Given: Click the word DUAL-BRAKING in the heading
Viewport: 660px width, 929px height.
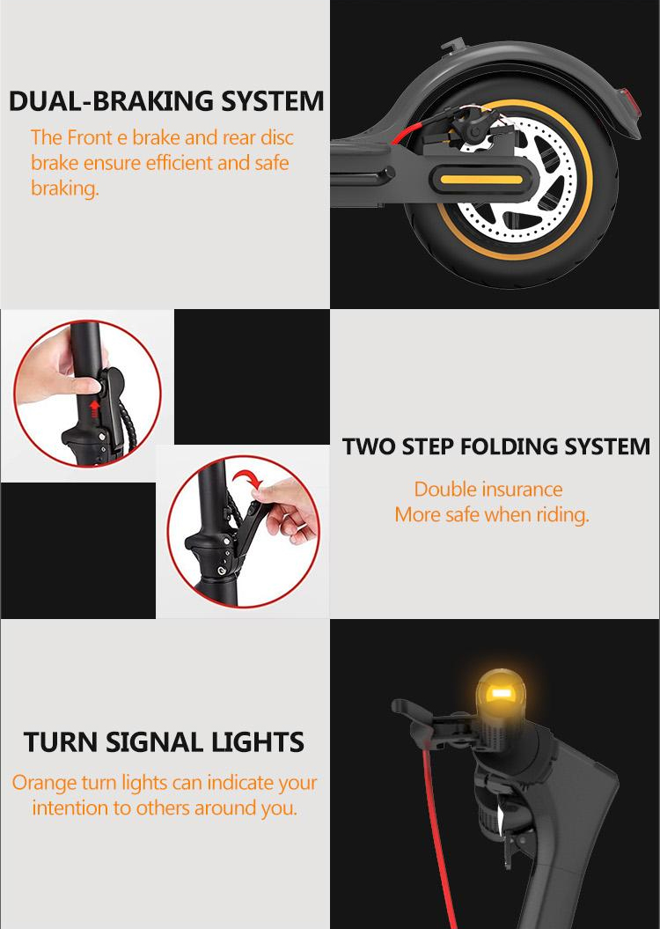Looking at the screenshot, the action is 111,100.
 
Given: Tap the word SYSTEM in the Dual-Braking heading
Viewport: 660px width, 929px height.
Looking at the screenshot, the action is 272,100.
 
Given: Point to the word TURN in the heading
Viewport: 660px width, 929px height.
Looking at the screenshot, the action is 62,741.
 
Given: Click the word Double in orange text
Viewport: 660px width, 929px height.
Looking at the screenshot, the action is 445,489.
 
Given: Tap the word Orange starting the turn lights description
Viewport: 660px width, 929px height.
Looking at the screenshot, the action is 44,783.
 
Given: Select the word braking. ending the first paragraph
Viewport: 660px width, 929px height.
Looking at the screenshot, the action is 65,188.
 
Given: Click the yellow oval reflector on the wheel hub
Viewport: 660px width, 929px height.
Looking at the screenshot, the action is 478,180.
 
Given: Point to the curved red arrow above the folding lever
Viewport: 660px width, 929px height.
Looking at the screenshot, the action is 247,477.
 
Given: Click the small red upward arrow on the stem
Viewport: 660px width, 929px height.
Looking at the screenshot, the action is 93,407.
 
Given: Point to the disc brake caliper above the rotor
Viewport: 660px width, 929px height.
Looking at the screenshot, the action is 466,129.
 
